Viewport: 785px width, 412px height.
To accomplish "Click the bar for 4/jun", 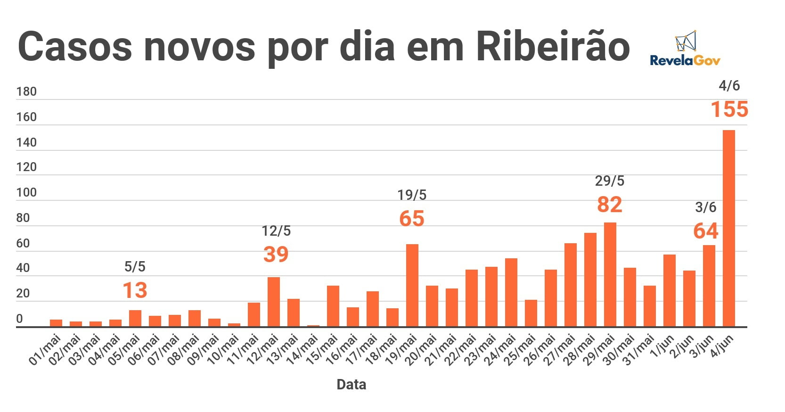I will tap(728, 228).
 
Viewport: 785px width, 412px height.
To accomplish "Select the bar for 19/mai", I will tap(412, 285).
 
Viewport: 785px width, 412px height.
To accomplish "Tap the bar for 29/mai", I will tap(610, 274).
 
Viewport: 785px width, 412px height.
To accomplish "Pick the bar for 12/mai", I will tap(273, 302).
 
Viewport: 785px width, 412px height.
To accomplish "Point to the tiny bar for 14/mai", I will tap(313, 325).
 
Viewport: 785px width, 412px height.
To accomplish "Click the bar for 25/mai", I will tap(531, 313).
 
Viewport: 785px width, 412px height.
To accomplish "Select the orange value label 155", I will tap(729, 109).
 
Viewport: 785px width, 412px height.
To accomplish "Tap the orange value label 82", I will tap(609, 205).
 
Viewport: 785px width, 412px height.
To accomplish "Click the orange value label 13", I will tap(135, 290).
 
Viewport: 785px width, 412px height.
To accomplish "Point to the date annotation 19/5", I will tap(411, 195).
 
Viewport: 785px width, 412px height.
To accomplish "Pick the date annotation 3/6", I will tap(705, 207).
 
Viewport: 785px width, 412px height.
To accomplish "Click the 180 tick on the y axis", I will tap(26, 91).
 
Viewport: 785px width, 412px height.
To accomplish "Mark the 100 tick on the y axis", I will tap(26, 192).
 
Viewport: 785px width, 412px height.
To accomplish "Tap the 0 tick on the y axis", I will tap(19, 319).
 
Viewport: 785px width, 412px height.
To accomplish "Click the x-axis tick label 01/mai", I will tap(45, 350).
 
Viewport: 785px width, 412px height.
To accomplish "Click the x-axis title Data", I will tap(351, 385).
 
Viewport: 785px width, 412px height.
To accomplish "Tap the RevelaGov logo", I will tap(685, 49).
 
